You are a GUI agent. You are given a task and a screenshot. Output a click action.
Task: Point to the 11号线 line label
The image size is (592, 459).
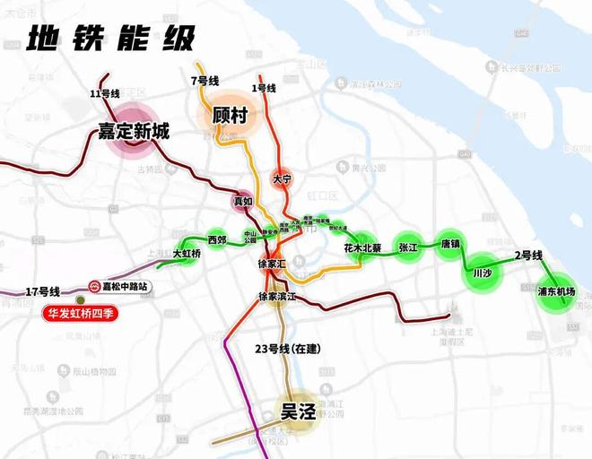tap(105, 93)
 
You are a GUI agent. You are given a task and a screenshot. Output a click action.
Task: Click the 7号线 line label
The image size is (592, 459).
tap(205, 82)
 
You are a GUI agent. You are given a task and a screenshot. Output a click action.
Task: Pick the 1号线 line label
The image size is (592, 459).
tap(264, 87)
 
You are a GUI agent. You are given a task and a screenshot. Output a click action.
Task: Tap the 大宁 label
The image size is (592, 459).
tap(283, 179)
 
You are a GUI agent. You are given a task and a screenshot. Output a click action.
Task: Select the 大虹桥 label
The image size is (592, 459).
tap(187, 255)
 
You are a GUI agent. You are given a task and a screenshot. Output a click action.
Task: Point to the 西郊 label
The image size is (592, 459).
tap(217, 239)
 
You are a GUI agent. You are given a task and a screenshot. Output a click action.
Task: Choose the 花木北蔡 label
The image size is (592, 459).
tap(362, 248)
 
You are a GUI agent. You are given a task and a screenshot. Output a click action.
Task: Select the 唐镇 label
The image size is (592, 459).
tap(450, 244)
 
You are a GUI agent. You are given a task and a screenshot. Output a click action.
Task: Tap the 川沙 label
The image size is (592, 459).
tap(483, 273)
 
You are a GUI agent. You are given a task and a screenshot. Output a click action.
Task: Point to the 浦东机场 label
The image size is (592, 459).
tap(555, 291)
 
